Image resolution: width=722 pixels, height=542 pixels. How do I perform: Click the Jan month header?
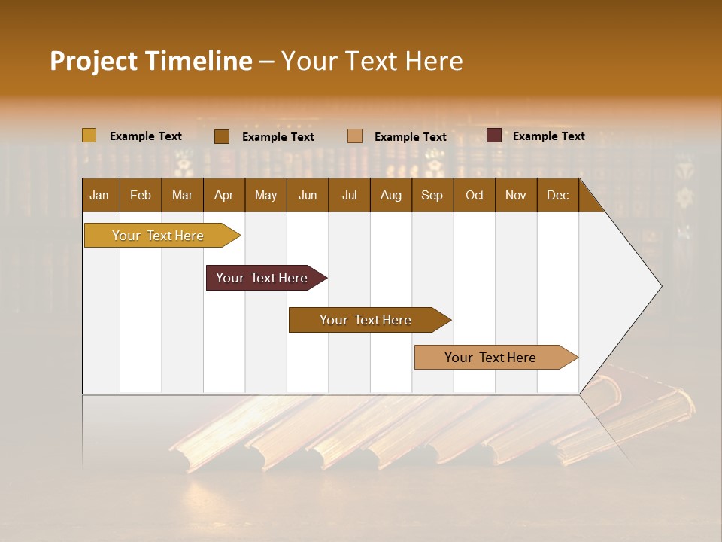coord(100,195)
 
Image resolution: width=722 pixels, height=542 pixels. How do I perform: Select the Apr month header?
coord(224,195)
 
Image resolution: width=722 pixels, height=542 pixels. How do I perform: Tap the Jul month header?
coord(349,195)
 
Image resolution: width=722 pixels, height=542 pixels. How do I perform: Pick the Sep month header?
coord(432,195)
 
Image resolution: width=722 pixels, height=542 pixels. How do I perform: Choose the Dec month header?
coord(557,195)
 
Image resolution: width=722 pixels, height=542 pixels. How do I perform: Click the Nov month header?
coord(516,195)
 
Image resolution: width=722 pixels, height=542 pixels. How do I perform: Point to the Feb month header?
coord(141,195)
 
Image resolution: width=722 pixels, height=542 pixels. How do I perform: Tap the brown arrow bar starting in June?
coord(367,320)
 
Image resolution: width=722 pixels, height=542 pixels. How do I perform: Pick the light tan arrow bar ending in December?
coord(493,358)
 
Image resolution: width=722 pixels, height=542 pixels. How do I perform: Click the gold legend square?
coord(89,135)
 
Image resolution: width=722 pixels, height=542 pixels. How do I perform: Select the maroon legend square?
coord(493,135)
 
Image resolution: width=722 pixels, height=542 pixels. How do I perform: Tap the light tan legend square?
coord(355,135)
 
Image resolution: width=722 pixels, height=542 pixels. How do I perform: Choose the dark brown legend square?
coord(221,136)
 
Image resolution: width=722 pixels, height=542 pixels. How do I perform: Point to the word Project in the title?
coord(93,61)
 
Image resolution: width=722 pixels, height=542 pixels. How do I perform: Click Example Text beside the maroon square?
coord(548,136)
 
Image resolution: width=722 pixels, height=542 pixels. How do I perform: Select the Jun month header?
coord(308,195)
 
